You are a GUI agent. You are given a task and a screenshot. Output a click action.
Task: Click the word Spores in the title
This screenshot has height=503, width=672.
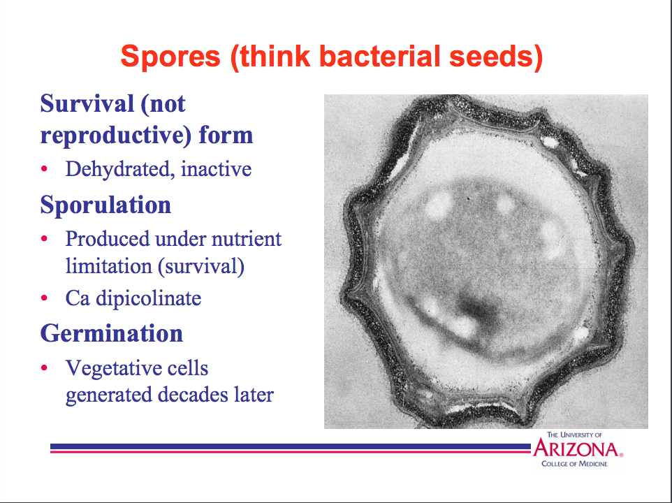click(170, 57)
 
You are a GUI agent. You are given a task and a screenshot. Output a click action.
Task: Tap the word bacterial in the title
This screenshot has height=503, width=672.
click(379, 56)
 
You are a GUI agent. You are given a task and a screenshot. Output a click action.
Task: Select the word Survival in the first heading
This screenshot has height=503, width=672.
click(87, 103)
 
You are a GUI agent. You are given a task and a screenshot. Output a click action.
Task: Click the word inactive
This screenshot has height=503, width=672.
click(216, 169)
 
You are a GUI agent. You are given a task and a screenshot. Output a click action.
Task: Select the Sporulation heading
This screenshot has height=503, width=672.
click(105, 205)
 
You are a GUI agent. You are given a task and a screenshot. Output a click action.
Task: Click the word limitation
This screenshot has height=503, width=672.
click(108, 266)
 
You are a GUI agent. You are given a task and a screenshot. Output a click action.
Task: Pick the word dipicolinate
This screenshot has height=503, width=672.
click(148, 298)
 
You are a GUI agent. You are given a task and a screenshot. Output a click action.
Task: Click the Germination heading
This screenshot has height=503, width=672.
click(112, 333)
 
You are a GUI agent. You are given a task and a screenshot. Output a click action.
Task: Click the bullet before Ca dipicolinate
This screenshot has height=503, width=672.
click(44, 298)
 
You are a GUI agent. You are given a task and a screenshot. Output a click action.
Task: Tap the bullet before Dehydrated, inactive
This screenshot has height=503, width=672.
click(44, 168)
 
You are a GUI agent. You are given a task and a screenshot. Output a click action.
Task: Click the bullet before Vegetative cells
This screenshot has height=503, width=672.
click(44, 367)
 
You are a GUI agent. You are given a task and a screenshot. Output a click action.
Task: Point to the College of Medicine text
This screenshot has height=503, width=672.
click(574, 464)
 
